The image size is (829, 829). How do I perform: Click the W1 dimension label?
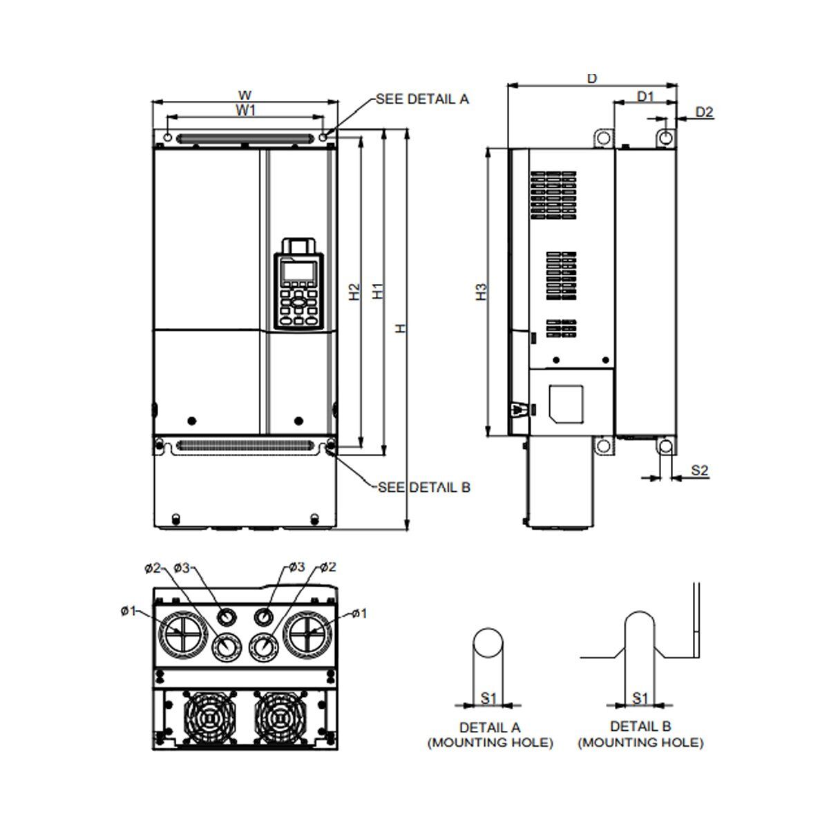(x=245, y=110)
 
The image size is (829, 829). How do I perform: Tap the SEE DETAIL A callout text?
(x=422, y=99)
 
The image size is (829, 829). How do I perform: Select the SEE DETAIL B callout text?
(x=423, y=487)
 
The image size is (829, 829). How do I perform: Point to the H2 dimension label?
(x=354, y=292)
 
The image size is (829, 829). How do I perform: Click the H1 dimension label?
(x=378, y=292)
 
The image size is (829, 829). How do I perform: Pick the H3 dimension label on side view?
(x=482, y=292)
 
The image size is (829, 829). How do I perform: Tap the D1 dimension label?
(x=645, y=97)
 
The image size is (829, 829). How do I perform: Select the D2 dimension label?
(x=703, y=111)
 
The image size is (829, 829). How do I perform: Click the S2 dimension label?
(x=699, y=470)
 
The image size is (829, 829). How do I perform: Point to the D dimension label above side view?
(x=591, y=78)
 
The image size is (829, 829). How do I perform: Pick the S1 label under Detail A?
(x=488, y=698)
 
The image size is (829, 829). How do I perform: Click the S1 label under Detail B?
(x=640, y=698)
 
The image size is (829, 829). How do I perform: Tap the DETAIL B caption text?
(x=640, y=727)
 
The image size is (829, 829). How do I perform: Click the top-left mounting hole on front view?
(x=166, y=136)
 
